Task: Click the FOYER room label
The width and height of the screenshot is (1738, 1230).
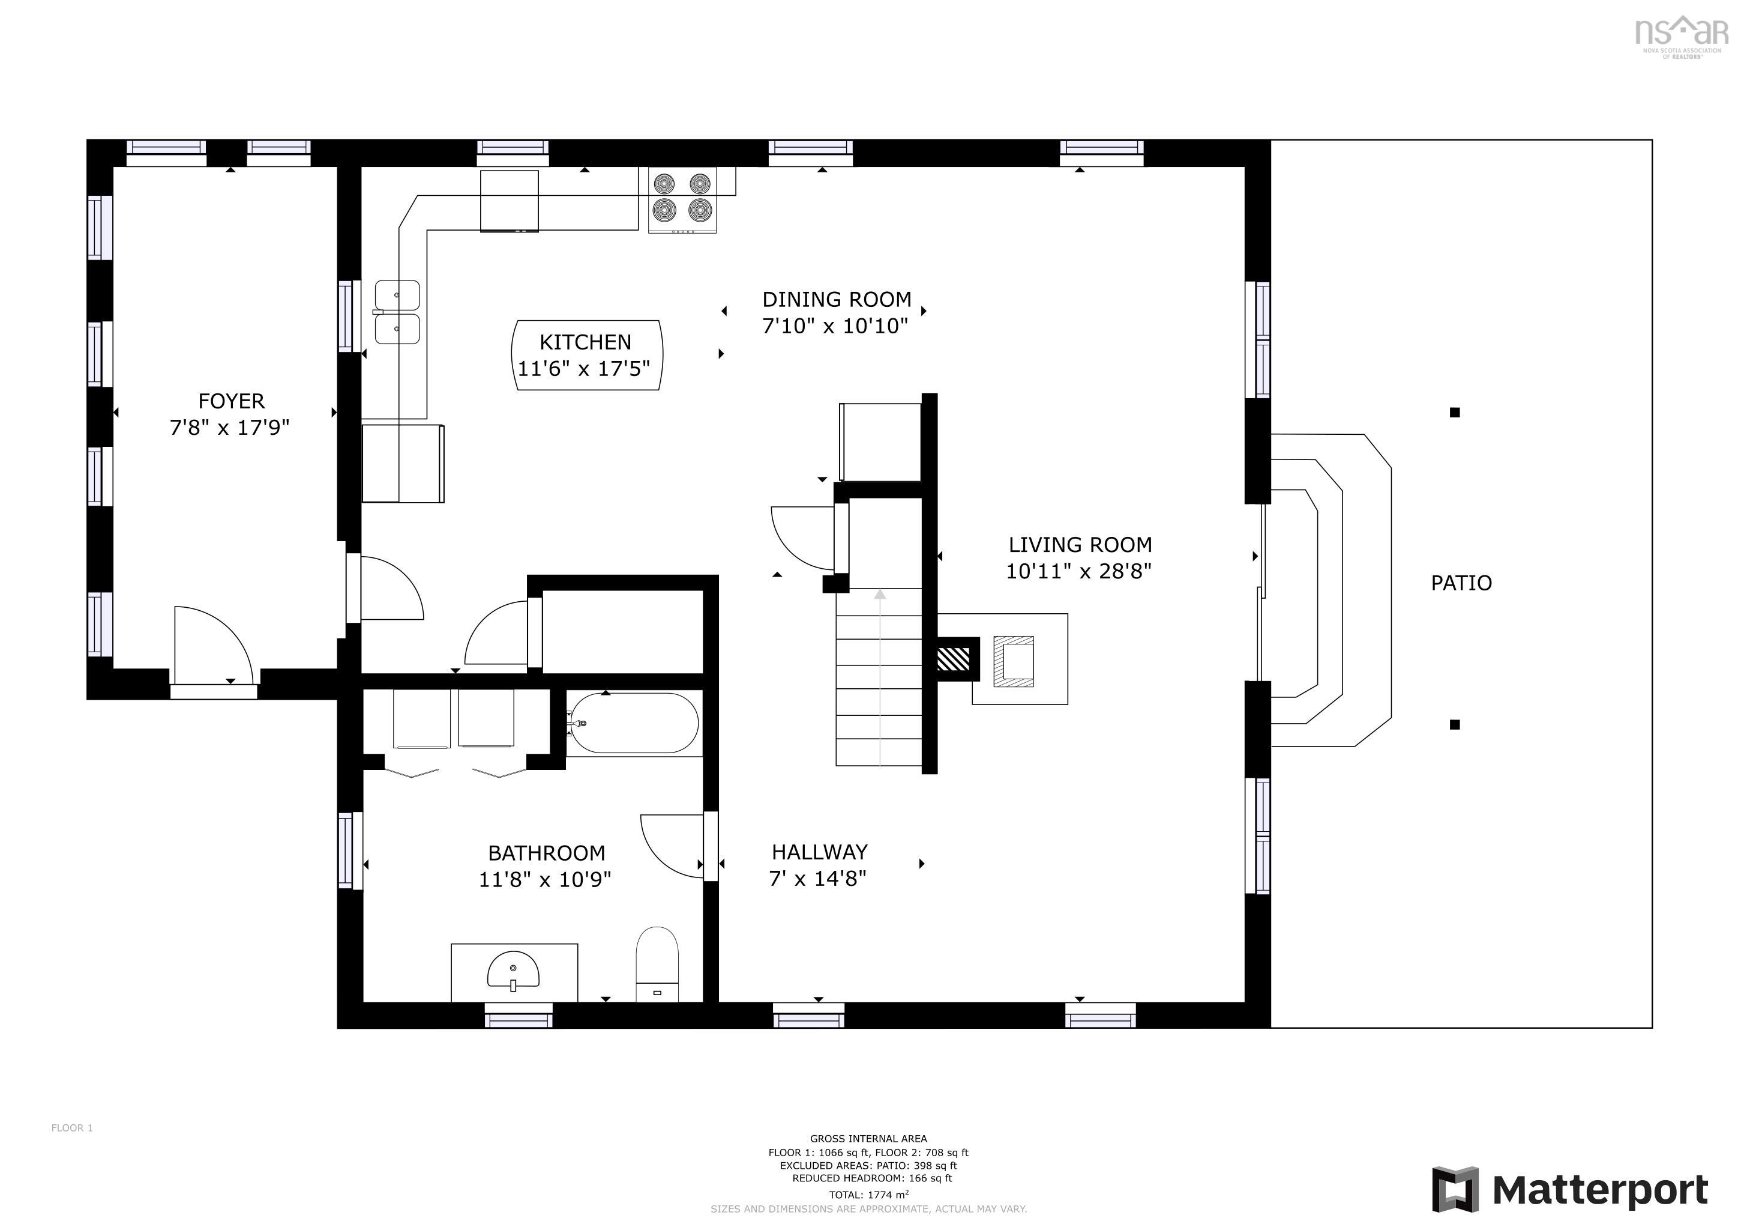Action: pos(231,401)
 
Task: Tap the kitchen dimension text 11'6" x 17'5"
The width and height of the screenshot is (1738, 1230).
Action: pos(583,369)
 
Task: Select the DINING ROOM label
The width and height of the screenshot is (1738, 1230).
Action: pos(836,299)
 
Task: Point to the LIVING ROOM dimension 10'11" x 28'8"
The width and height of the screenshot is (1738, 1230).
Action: pos(1078,571)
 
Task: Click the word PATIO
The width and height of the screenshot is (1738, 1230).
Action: pos(1460,583)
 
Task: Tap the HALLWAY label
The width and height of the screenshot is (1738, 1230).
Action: pos(819,852)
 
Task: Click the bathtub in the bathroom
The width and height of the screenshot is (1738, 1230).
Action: pos(634,723)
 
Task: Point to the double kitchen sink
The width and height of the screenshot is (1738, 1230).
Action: pos(397,312)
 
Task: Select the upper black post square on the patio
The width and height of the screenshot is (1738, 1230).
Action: pos(1454,413)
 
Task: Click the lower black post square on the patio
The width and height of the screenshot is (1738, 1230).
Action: pos(1454,725)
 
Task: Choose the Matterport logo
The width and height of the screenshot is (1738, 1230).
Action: pos(1570,1190)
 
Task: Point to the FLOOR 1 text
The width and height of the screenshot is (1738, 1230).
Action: pos(72,1128)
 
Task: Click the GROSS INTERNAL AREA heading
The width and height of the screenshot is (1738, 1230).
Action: pos(868,1138)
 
